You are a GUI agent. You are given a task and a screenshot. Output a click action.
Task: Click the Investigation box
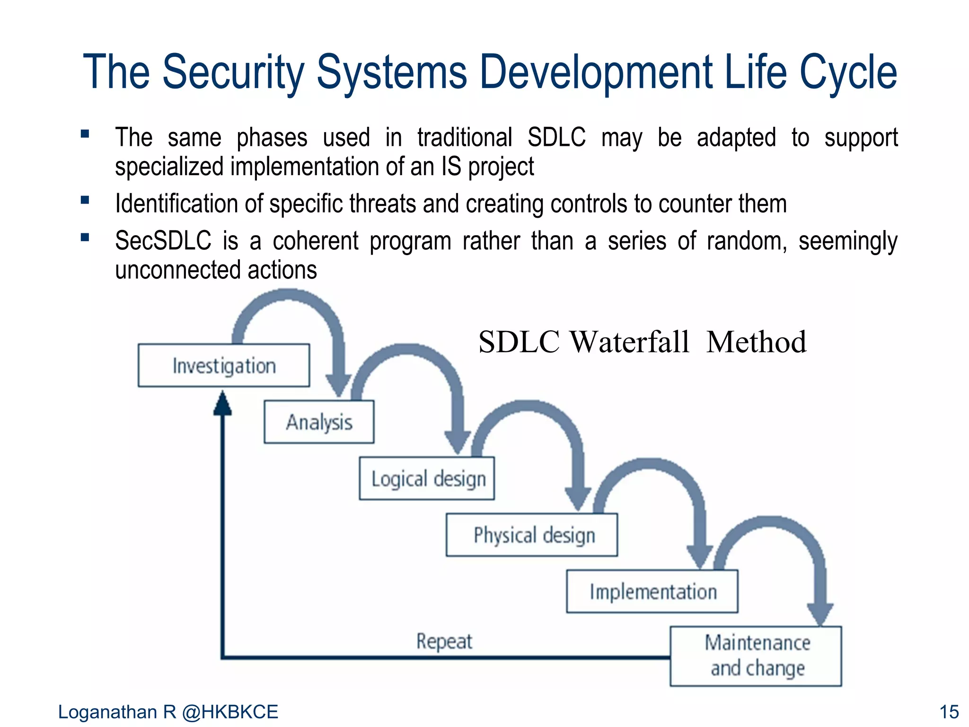pyautogui.click(x=224, y=365)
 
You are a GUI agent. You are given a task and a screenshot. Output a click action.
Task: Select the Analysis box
pyautogui.click(x=319, y=422)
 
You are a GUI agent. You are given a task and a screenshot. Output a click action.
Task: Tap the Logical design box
pyautogui.click(x=427, y=478)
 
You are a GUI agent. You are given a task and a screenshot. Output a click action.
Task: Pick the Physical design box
pyautogui.click(x=532, y=535)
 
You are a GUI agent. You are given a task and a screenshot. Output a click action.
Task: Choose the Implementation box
pyautogui.click(x=652, y=592)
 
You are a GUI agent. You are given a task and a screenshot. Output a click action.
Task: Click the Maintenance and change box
pyautogui.click(x=756, y=656)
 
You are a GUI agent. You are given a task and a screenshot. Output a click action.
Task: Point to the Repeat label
pyautogui.click(x=444, y=642)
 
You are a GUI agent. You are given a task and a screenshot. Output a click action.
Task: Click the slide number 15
pyautogui.click(x=948, y=712)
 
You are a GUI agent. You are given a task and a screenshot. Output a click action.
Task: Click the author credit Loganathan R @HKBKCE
pyautogui.click(x=168, y=712)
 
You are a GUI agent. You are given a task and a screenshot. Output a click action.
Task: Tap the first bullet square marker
pyautogui.click(x=85, y=134)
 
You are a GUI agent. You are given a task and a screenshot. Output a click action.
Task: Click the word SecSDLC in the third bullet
pyautogui.click(x=163, y=240)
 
